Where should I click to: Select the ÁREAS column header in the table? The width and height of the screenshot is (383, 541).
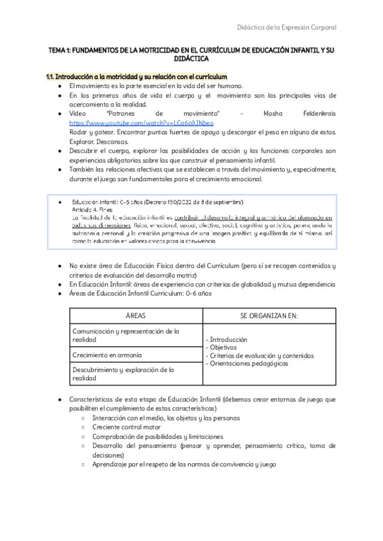point(135,316)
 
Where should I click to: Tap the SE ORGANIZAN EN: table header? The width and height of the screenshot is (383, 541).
point(269,316)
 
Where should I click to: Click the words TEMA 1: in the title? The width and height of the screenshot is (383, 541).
point(63,48)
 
